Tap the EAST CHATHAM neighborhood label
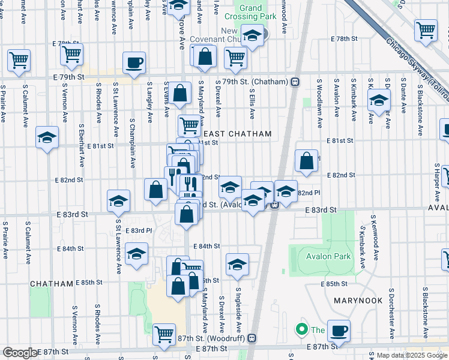[x=237, y=134]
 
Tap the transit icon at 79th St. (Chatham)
[x=295, y=82]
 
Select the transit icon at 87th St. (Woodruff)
[x=252, y=338]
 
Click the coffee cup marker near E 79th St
[x=134, y=62]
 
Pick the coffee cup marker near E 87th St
[x=339, y=330]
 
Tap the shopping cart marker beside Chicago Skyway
[x=426, y=30]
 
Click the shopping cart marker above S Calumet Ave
[x=19, y=60]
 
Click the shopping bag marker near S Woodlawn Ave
[x=306, y=161]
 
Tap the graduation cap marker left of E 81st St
[x=47, y=137]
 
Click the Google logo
[x=20, y=353]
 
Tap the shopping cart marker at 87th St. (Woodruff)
[x=164, y=334]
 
